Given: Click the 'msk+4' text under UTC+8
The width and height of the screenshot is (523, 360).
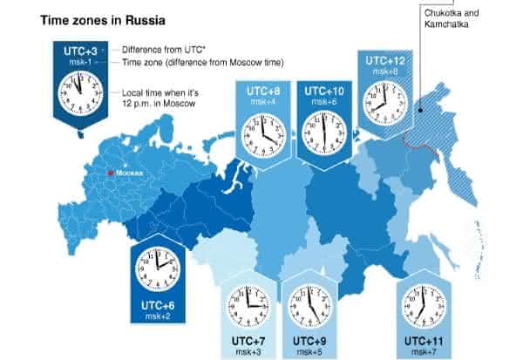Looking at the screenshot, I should pyautogui.click(x=261, y=102).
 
